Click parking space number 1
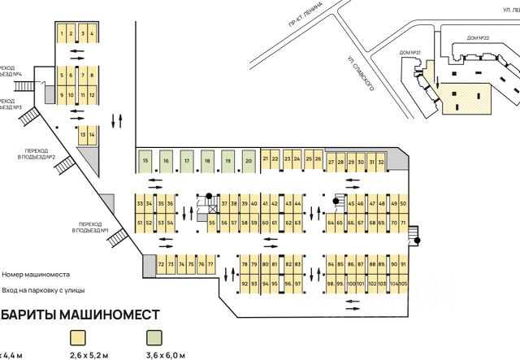pos(61,33)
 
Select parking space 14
pos(92,134)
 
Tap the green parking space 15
pos(145,162)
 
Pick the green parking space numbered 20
pos(248,162)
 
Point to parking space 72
pos(162,265)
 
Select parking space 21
pos(266,158)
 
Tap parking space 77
pos(210,265)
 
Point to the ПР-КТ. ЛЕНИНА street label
pos(306,31)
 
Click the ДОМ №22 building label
pos(479,37)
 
